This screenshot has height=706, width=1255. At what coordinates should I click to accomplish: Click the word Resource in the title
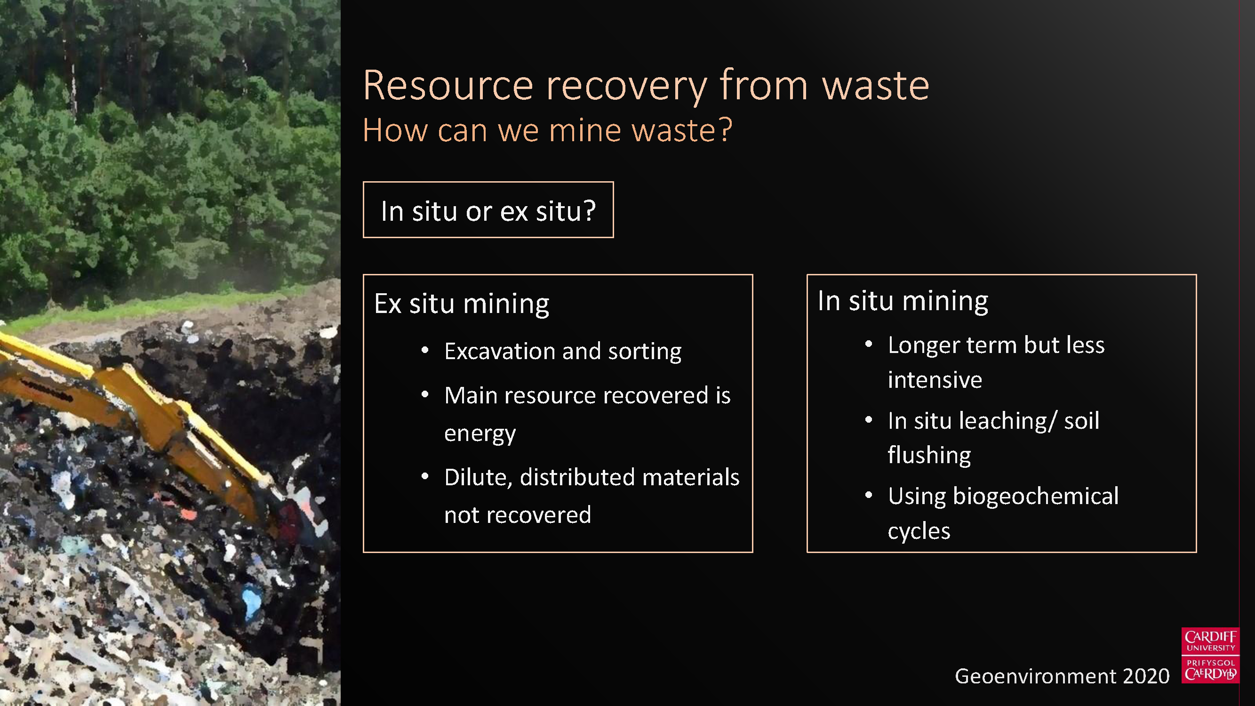(x=448, y=86)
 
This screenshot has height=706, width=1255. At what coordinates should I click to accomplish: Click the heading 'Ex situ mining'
(x=462, y=304)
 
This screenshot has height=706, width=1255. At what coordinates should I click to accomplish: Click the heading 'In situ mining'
(x=903, y=301)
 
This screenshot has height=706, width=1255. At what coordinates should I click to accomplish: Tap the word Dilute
(x=479, y=477)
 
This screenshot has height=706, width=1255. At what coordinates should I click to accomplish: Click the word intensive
(x=935, y=379)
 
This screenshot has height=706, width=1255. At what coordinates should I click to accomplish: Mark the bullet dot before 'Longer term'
(x=868, y=345)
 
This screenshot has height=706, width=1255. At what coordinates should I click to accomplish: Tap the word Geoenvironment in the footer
(x=1035, y=676)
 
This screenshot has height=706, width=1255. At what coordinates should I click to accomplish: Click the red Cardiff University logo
(x=1210, y=655)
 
